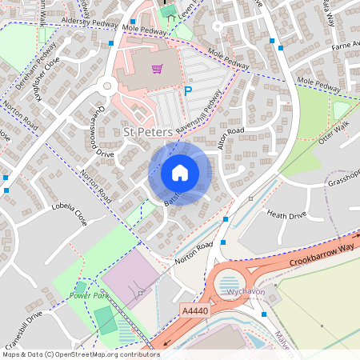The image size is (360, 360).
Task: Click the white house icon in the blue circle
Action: [x=180, y=172]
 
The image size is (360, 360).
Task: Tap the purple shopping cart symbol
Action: [x=157, y=70]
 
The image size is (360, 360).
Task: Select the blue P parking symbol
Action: [x=189, y=92]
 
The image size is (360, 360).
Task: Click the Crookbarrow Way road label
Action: [x=317, y=249]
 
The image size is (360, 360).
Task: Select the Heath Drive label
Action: [x=286, y=214]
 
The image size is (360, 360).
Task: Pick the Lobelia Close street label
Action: [x=69, y=215]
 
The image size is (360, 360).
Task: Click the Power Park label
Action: [x=88, y=295]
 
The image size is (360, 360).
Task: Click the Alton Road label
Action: [x=230, y=137]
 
